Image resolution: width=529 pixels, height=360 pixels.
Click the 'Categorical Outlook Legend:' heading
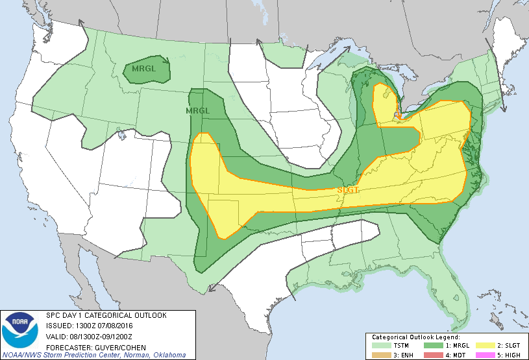point(415,337)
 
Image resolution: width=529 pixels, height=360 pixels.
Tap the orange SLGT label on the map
point(349,189)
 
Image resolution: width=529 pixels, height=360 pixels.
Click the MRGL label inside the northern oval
point(144,68)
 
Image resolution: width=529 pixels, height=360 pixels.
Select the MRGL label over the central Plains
point(198,111)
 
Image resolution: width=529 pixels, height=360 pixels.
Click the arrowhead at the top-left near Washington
point(83,23)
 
